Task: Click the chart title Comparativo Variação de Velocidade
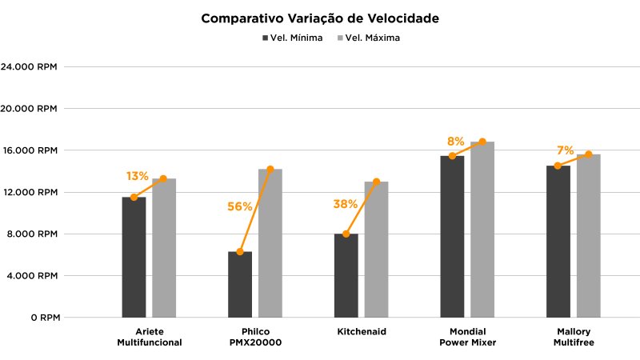point(320,18)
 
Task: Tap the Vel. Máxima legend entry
point(373,38)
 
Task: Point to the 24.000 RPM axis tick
point(30,67)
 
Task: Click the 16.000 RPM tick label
point(30,150)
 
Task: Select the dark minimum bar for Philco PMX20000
point(240,285)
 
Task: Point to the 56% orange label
point(240,206)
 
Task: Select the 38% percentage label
point(345,204)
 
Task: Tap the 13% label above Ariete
point(137,176)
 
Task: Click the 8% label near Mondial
point(455,142)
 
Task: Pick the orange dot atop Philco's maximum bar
point(270,169)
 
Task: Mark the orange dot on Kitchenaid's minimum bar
point(346,234)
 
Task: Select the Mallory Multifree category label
point(573,336)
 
